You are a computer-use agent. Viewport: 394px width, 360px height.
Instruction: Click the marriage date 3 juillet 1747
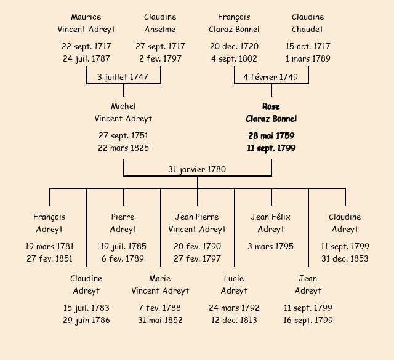click(x=123, y=77)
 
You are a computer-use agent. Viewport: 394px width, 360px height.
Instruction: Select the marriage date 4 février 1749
click(x=271, y=77)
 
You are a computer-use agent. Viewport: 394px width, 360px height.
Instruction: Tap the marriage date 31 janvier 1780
click(x=197, y=169)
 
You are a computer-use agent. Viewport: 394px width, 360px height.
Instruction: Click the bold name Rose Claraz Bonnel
click(x=271, y=113)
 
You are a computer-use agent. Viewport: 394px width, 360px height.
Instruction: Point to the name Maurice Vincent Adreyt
click(x=86, y=23)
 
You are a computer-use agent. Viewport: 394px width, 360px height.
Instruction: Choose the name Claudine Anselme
click(x=160, y=23)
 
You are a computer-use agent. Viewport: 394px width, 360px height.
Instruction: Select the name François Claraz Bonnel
click(x=234, y=23)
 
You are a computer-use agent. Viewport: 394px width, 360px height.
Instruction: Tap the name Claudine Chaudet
click(x=308, y=23)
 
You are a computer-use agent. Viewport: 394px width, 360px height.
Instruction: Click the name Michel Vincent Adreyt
click(x=123, y=113)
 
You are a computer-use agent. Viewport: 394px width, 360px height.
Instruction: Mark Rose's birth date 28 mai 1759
click(x=271, y=136)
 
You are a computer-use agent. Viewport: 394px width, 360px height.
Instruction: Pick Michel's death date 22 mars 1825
click(x=123, y=148)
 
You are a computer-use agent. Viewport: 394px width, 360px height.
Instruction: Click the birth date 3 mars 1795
click(x=271, y=246)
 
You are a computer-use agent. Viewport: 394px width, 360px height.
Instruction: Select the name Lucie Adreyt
click(x=234, y=284)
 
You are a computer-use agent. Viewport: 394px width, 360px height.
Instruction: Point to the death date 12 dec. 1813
click(x=234, y=320)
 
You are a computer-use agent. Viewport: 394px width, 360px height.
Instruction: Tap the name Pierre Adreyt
click(x=123, y=223)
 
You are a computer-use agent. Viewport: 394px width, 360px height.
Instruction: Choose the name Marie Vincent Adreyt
click(x=160, y=284)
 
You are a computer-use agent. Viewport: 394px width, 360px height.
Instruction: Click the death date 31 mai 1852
click(x=160, y=320)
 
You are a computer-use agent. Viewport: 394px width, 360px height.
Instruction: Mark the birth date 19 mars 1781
click(x=49, y=246)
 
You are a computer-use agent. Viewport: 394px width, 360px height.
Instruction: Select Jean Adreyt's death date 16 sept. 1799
click(x=308, y=320)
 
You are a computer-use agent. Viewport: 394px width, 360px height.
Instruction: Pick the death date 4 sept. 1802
click(x=234, y=59)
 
